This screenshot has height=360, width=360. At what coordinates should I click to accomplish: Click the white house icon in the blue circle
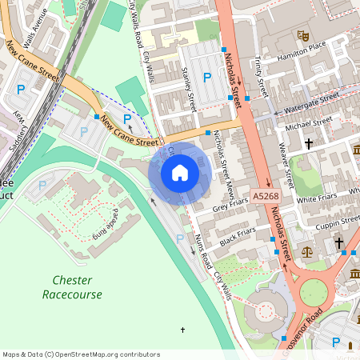click(180, 173)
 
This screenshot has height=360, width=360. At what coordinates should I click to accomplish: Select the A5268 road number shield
click(266, 196)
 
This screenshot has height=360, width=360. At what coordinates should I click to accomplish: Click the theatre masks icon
click(302, 35)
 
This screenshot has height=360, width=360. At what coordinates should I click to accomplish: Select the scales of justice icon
click(308, 251)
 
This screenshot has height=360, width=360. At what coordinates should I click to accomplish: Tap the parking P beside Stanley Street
click(208, 78)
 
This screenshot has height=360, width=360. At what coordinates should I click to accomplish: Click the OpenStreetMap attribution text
click(81, 354)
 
